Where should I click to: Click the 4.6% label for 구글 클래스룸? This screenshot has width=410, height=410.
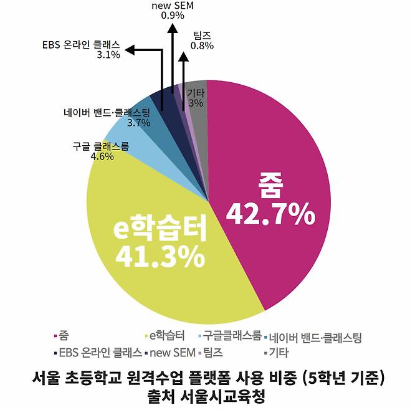point(102,157)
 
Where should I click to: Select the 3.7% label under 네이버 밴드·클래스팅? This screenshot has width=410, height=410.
point(138,123)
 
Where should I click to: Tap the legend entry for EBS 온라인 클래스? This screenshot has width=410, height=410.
point(100,353)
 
